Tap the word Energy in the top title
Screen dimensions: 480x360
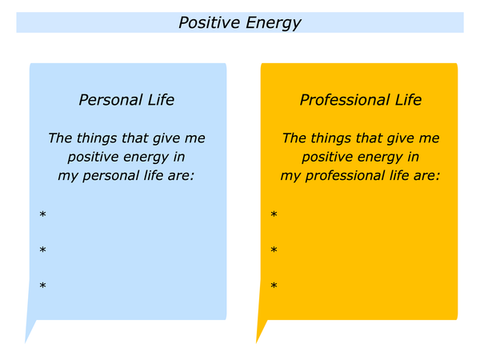tap(274, 23)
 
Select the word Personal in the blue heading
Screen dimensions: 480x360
tap(110, 100)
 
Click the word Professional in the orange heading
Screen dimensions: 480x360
tap(344, 100)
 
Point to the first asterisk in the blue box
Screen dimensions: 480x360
tap(42, 214)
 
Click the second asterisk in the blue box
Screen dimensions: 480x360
tap(42, 250)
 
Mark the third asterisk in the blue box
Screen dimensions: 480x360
tap(42, 286)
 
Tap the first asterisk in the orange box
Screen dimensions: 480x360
tap(274, 214)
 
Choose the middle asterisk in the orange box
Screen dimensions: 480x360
tap(274, 250)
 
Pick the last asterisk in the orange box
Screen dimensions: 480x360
tap(274, 286)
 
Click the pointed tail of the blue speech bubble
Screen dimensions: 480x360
tap(26, 342)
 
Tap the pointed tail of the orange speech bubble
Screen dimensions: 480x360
tap(257, 342)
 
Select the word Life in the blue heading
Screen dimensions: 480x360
tap(161, 100)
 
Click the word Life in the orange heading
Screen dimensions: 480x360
tap(408, 100)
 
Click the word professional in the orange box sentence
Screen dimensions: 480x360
tap(346, 176)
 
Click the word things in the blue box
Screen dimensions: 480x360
tap(98, 138)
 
